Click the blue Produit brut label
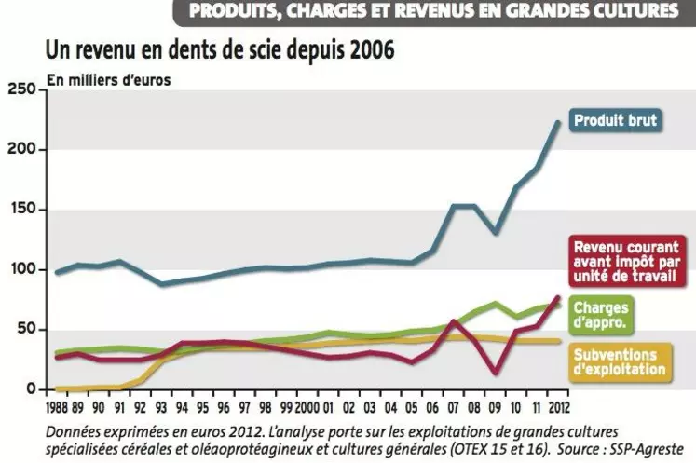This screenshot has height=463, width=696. click(615, 120)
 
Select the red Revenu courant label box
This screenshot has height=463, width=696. click(627, 262)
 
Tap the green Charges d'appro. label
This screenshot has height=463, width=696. click(601, 315)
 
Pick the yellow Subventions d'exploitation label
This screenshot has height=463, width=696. click(620, 362)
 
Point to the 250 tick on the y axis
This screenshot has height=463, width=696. click(21, 89)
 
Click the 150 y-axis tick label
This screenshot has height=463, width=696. click(21, 209)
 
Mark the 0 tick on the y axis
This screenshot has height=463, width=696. click(30, 388)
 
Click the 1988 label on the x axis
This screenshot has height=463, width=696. click(57, 408)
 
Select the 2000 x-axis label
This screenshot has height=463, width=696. click(307, 408)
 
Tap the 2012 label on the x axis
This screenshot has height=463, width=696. click(558, 408)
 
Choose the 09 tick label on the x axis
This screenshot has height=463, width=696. click(495, 408)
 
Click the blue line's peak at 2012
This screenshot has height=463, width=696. click(558, 123)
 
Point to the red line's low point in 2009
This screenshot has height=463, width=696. click(496, 372)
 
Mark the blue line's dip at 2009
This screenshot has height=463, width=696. click(496, 232)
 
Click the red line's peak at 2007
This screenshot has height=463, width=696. click(454, 320)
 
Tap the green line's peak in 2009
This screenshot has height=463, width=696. click(495, 304)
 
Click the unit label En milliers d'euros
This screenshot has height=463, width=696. click(109, 80)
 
